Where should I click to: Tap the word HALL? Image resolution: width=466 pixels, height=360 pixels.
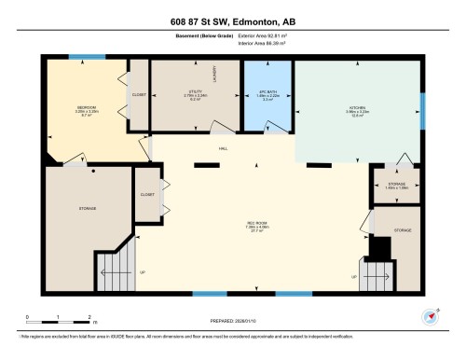point(224,148)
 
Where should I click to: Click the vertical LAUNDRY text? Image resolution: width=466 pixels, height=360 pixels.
point(214,74)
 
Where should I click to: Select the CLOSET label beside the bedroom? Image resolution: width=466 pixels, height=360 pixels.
point(138,94)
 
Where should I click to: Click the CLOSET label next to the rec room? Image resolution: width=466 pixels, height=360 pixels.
point(147,195)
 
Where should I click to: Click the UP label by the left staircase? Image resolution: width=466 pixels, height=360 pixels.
point(141,273)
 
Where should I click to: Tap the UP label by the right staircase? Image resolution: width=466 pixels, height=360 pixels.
point(354,278)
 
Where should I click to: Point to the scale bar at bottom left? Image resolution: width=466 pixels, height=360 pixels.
point(58,316)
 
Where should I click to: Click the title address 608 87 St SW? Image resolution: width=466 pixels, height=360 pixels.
point(233,21)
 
